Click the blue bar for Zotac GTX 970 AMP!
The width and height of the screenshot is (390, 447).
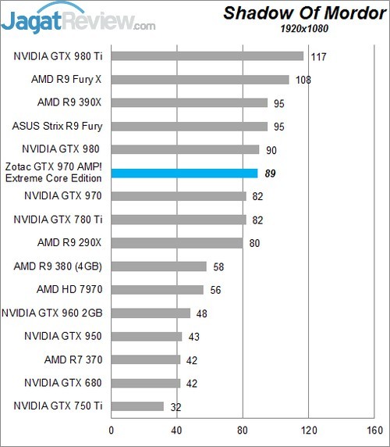(184, 173)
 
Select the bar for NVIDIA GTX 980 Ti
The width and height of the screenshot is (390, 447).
(207, 55)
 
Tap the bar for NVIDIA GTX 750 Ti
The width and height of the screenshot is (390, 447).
(138, 406)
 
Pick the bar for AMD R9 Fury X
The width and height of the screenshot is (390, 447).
(200, 79)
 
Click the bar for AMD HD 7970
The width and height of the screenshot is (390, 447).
(158, 289)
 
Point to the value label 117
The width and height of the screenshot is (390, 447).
(317, 55)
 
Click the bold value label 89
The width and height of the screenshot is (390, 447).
(271, 173)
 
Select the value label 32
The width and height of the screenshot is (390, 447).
(177, 406)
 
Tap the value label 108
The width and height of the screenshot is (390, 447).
(303, 79)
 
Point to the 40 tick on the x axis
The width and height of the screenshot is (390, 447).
(177, 431)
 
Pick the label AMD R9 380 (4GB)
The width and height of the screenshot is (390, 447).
(58, 266)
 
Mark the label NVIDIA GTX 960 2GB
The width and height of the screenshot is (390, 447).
(52, 313)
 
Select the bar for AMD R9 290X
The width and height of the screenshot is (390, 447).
(177, 242)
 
